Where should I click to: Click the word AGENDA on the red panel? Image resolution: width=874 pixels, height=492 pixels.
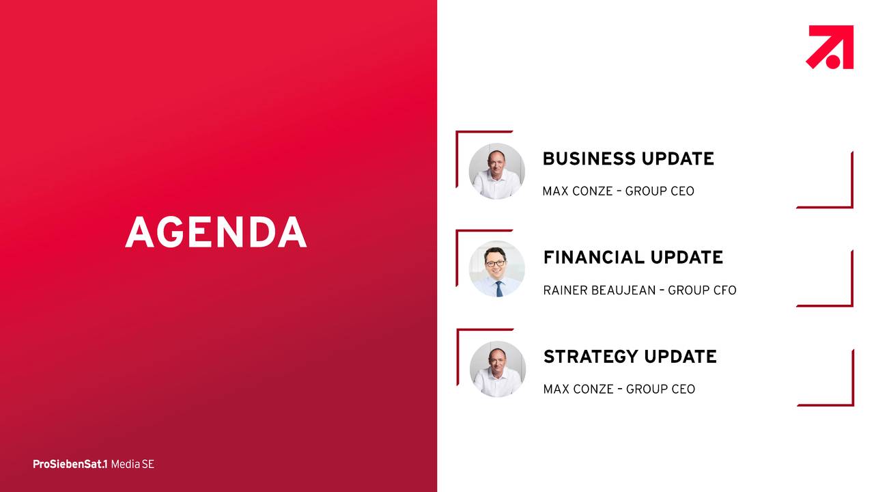coord(216,232)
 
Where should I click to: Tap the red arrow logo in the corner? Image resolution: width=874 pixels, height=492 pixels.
coord(830,47)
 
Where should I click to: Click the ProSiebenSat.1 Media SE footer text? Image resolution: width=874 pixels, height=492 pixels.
coord(94,464)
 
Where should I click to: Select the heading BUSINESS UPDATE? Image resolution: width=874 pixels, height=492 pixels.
coord(628,159)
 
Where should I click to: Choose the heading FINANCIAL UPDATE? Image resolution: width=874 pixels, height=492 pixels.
coord(633,258)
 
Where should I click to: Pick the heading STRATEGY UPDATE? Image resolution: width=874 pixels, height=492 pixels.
coord(630,357)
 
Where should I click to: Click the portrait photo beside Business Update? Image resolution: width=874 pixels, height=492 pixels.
coord(496,171)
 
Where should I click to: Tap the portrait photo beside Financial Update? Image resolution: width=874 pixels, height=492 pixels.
coord(496,269)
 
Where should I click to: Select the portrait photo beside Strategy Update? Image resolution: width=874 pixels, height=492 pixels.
coord(498,369)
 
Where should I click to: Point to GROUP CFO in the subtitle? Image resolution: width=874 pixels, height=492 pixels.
coord(702,290)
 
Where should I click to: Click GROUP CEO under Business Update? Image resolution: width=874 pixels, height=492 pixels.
coord(660,191)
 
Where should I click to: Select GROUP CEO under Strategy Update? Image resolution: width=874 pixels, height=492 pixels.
coord(660,389)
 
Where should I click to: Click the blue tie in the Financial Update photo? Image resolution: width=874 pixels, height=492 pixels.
coord(499,289)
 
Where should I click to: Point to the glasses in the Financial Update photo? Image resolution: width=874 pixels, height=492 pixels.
coord(495,264)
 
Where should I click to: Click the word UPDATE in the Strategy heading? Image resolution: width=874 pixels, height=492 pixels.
coord(680,357)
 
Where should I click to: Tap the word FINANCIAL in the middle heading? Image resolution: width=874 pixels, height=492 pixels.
coord(594,258)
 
